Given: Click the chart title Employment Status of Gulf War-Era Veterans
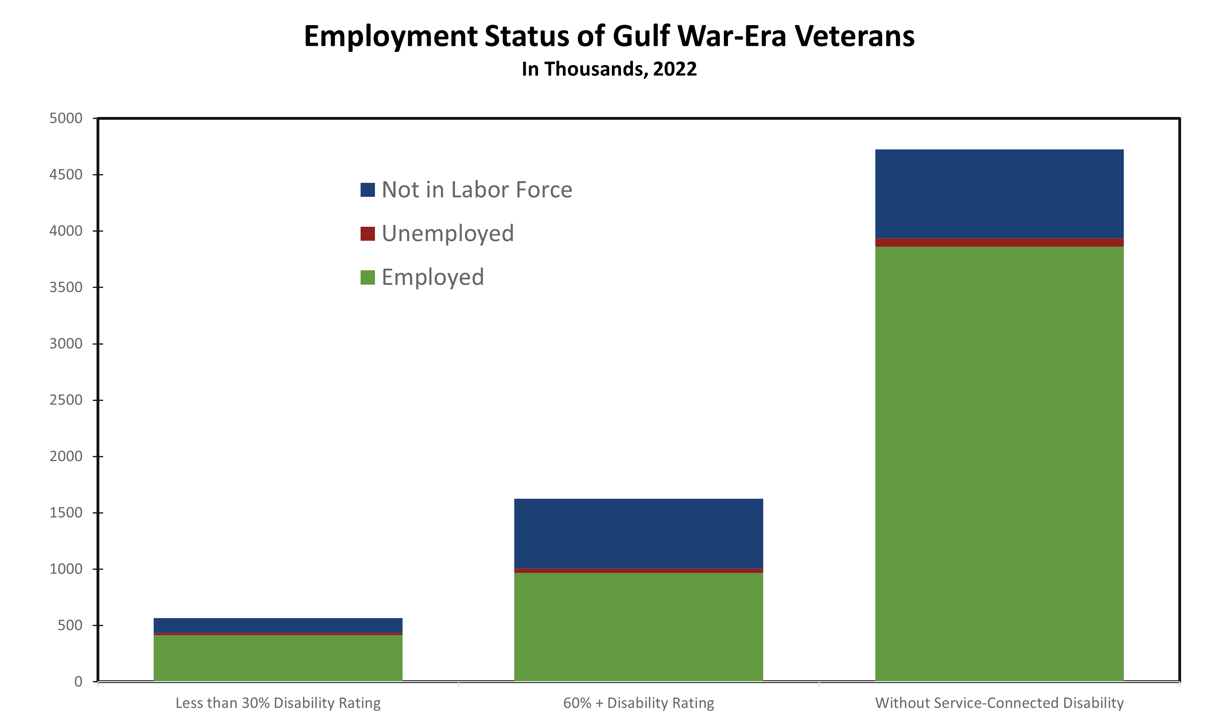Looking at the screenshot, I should click(x=609, y=36).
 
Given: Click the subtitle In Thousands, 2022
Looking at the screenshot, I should click(x=609, y=69).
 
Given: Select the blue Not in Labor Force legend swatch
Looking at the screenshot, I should click(x=368, y=190).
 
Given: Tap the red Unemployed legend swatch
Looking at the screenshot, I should click(x=368, y=234).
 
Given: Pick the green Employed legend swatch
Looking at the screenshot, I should click(x=368, y=277).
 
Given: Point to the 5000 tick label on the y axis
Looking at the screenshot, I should click(x=66, y=118).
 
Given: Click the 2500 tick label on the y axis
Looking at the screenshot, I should click(x=66, y=400).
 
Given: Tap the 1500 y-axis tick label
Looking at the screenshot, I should click(x=66, y=513).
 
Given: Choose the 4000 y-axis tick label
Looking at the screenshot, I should click(x=66, y=231).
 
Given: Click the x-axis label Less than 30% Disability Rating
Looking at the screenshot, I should click(x=278, y=703).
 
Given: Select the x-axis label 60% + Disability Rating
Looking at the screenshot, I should click(x=639, y=703).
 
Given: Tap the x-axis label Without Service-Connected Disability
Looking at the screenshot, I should click(x=999, y=703).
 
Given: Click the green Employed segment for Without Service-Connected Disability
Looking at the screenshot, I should click(x=999, y=460).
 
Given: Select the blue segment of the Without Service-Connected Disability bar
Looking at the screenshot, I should click(x=999, y=194).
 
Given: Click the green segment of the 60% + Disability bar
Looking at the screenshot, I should click(x=639, y=626).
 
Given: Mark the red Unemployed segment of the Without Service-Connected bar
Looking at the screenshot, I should click(x=999, y=243).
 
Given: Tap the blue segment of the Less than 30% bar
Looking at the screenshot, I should click(x=278, y=625).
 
